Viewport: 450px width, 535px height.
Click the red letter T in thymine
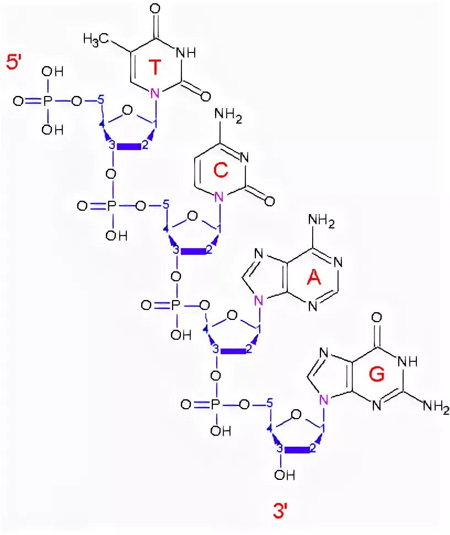(x=156, y=68)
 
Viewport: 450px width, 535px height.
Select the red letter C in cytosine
(x=221, y=172)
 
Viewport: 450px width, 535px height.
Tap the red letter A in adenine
(x=313, y=280)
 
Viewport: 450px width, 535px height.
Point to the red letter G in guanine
(x=377, y=375)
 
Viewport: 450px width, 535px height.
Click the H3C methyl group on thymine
(x=95, y=39)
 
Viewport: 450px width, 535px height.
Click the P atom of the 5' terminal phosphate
(x=47, y=101)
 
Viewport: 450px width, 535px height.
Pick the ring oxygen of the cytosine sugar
(x=192, y=217)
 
